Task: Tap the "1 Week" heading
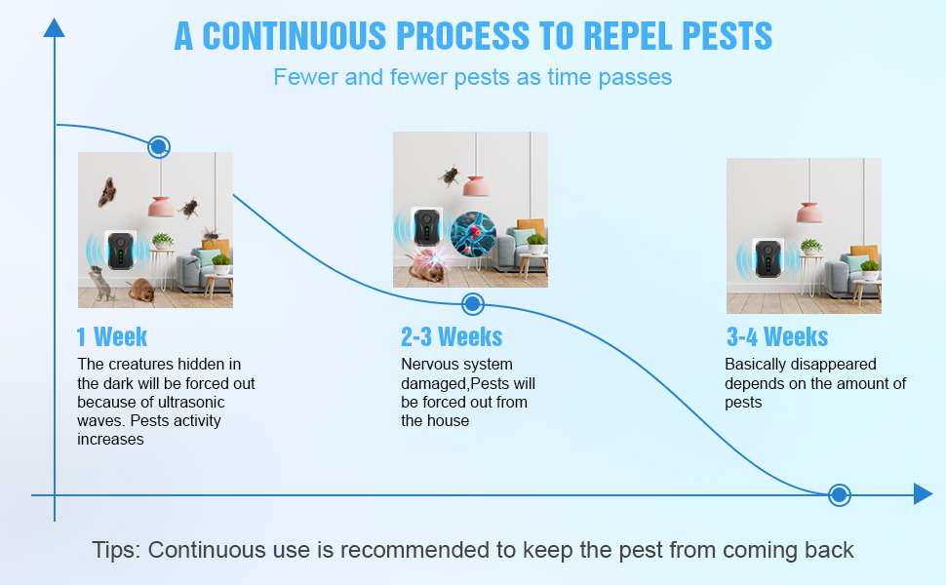click(x=112, y=337)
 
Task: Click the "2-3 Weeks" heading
click(x=452, y=337)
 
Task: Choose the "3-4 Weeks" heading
click(x=777, y=337)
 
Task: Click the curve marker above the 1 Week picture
click(x=159, y=147)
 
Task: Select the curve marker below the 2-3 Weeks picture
click(x=472, y=303)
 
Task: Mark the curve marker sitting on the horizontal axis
click(x=839, y=495)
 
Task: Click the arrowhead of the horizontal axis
click(x=923, y=495)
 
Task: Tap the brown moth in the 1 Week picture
click(x=107, y=192)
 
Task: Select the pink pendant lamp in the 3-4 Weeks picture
click(x=808, y=211)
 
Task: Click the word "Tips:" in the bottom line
click(x=116, y=550)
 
